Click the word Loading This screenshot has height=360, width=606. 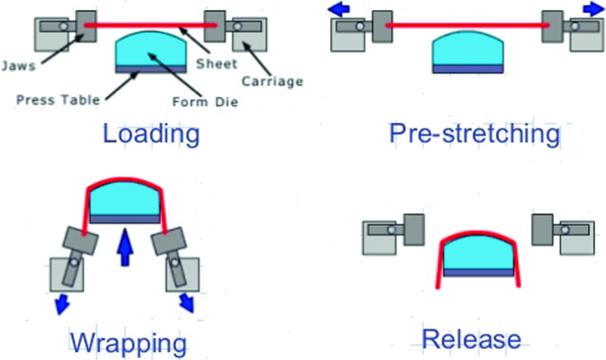coord(150,134)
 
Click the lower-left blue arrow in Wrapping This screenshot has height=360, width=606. coord(62,303)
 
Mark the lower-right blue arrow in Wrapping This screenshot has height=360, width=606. coord(188,303)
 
